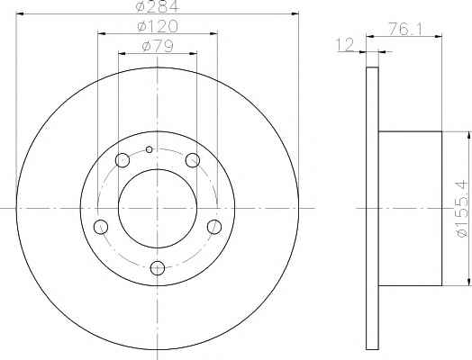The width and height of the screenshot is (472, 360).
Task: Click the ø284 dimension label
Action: tap(157, 6)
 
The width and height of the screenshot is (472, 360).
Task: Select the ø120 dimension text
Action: tap(158, 26)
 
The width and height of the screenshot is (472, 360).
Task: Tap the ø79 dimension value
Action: tap(158, 46)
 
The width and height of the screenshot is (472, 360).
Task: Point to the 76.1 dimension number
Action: tap(405, 29)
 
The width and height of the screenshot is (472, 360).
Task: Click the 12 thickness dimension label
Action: tap(345, 45)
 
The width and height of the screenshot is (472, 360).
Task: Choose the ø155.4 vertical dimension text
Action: tap(463, 208)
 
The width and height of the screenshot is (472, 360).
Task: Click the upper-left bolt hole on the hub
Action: tap(123, 160)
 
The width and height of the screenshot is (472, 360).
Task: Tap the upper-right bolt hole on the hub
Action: tap(193, 160)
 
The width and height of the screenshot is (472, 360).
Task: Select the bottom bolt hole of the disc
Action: tap(158, 268)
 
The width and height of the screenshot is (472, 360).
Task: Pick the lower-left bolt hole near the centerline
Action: tap(101, 227)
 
